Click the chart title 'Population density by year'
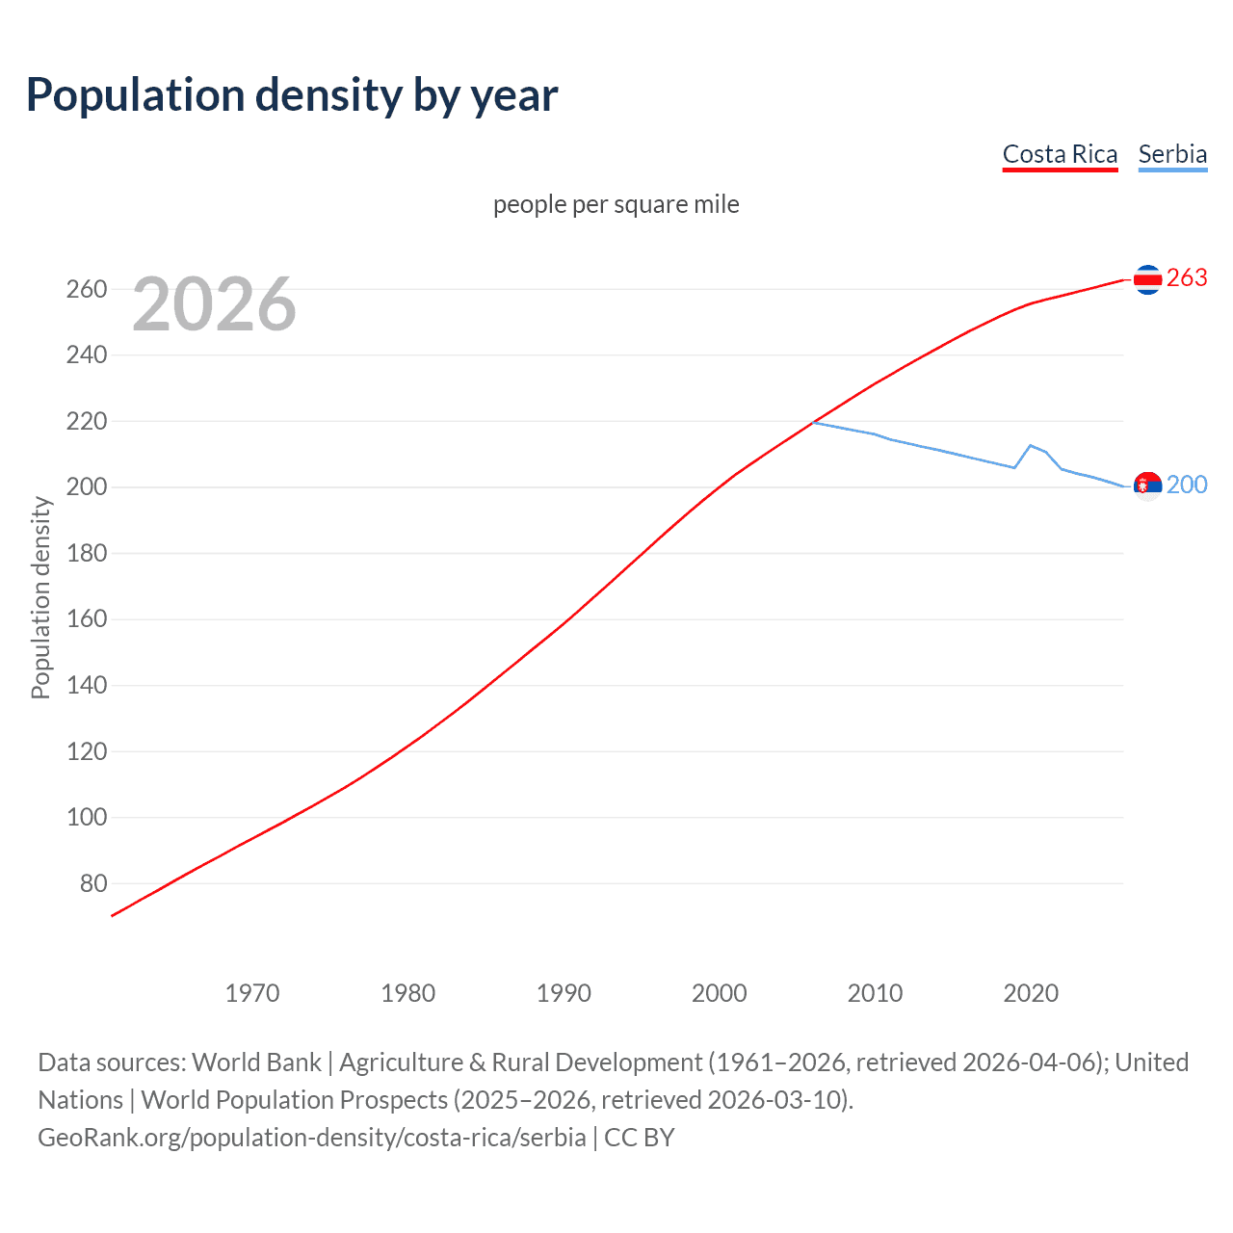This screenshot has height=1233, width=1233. (x=292, y=95)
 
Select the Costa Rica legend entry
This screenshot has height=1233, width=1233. (x=1060, y=154)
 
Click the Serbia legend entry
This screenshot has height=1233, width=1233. (x=1172, y=154)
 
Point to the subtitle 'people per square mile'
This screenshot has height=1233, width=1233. (x=616, y=204)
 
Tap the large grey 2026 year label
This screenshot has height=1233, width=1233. (x=214, y=304)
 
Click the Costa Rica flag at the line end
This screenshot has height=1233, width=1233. (x=1146, y=279)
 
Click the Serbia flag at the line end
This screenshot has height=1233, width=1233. (x=1146, y=485)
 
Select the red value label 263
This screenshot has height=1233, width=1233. (x=1187, y=278)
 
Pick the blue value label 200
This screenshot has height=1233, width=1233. (x=1187, y=485)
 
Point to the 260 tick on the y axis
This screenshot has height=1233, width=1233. (x=87, y=289)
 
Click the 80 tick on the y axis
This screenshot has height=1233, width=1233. (x=93, y=883)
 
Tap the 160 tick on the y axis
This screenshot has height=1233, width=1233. (x=87, y=619)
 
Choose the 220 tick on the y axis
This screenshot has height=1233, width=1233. (x=87, y=421)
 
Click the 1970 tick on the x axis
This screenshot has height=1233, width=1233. (x=252, y=993)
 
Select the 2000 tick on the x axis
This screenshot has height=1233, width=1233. (x=720, y=993)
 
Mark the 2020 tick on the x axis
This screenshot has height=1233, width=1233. (x=1031, y=993)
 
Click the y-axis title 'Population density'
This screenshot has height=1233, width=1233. (x=40, y=597)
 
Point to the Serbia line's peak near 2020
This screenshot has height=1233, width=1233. (x=1031, y=445)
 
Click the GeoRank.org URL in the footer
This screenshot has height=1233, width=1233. (x=311, y=1138)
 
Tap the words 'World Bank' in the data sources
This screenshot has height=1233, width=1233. (x=256, y=1062)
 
